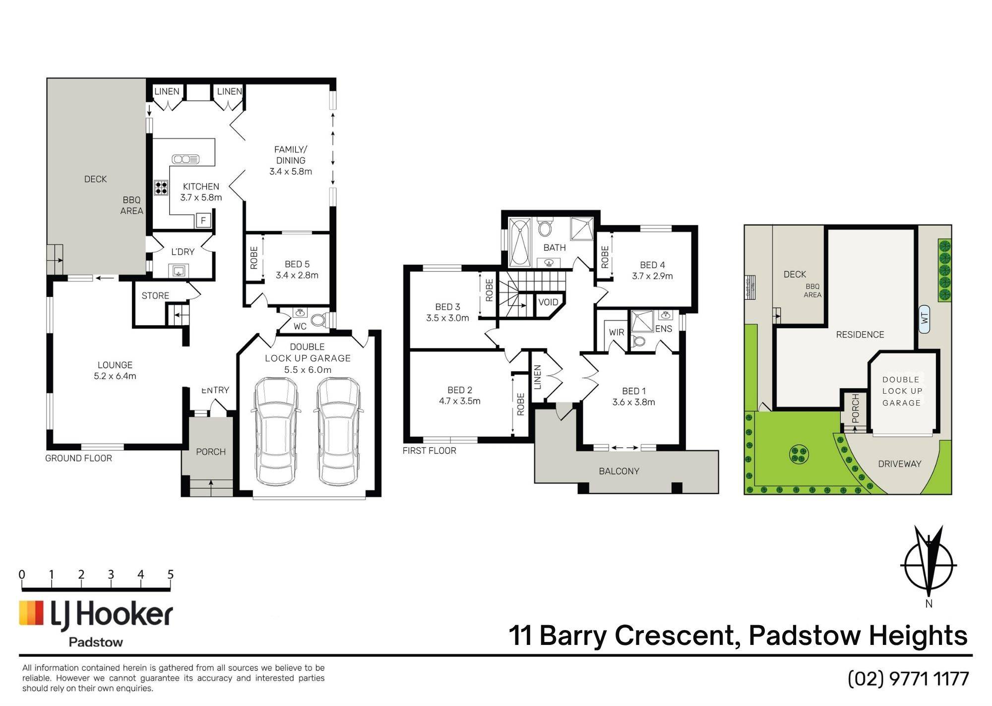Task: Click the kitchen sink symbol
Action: tap(186, 159)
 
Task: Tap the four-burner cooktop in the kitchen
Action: tap(161, 188)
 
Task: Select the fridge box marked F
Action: tap(203, 220)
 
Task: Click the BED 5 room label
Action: tap(297, 264)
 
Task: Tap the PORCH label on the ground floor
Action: tap(211, 452)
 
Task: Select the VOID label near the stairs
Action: tap(548, 302)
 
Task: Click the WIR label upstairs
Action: tap(617, 332)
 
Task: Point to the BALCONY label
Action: tap(619, 471)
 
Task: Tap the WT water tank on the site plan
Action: tap(924, 318)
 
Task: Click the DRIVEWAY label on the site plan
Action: tap(900, 464)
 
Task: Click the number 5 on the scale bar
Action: tap(170, 574)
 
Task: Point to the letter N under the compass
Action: tap(929, 604)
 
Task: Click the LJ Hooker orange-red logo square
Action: tap(31, 613)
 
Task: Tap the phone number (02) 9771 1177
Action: tap(908, 679)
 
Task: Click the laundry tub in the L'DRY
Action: tap(179, 271)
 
